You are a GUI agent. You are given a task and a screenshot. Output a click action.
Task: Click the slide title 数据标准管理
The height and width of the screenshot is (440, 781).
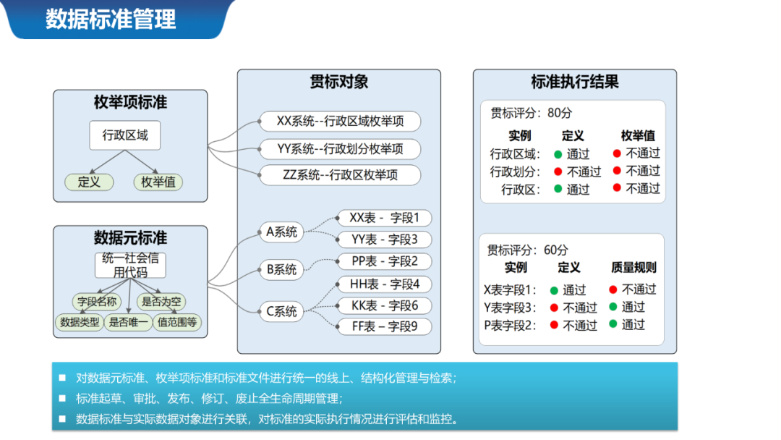tap(111, 19)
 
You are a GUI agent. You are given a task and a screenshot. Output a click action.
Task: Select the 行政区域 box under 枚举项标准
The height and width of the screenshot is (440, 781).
tap(125, 135)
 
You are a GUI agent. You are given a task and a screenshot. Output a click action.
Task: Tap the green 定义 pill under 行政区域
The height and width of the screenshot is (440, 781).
tap(89, 182)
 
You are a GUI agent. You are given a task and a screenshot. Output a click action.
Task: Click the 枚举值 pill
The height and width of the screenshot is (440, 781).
tap(158, 182)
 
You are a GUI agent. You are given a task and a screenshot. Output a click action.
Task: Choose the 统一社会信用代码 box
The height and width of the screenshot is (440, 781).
tap(130, 265)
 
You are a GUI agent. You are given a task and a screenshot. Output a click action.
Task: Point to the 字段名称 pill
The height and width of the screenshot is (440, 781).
tap(96, 302)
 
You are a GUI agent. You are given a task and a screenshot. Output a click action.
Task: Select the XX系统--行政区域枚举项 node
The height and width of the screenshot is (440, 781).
tap(340, 121)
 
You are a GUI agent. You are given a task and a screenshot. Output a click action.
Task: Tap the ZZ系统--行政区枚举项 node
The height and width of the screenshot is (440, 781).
tap(340, 174)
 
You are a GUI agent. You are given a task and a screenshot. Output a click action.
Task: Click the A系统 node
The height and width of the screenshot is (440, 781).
tap(282, 232)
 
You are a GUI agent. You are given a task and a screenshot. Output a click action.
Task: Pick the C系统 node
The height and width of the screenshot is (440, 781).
tap(282, 312)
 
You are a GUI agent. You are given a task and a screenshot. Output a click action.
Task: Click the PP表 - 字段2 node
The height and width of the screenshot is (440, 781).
tap(385, 261)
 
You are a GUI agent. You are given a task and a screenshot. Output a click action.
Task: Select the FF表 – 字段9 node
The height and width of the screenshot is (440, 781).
tap(385, 327)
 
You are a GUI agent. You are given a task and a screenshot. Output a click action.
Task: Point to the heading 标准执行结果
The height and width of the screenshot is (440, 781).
tap(574, 82)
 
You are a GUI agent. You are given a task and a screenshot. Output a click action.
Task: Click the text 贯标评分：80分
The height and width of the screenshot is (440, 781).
tap(531, 113)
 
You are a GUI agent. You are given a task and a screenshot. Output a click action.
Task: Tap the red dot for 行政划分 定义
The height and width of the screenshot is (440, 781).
tap(558, 172)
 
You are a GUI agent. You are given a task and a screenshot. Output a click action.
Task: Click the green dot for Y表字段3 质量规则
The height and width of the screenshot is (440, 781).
tap(613, 307)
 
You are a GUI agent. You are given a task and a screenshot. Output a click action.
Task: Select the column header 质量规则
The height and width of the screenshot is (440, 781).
tap(633, 268)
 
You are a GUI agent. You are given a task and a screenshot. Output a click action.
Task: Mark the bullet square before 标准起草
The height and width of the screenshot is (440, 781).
tap(62, 399)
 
